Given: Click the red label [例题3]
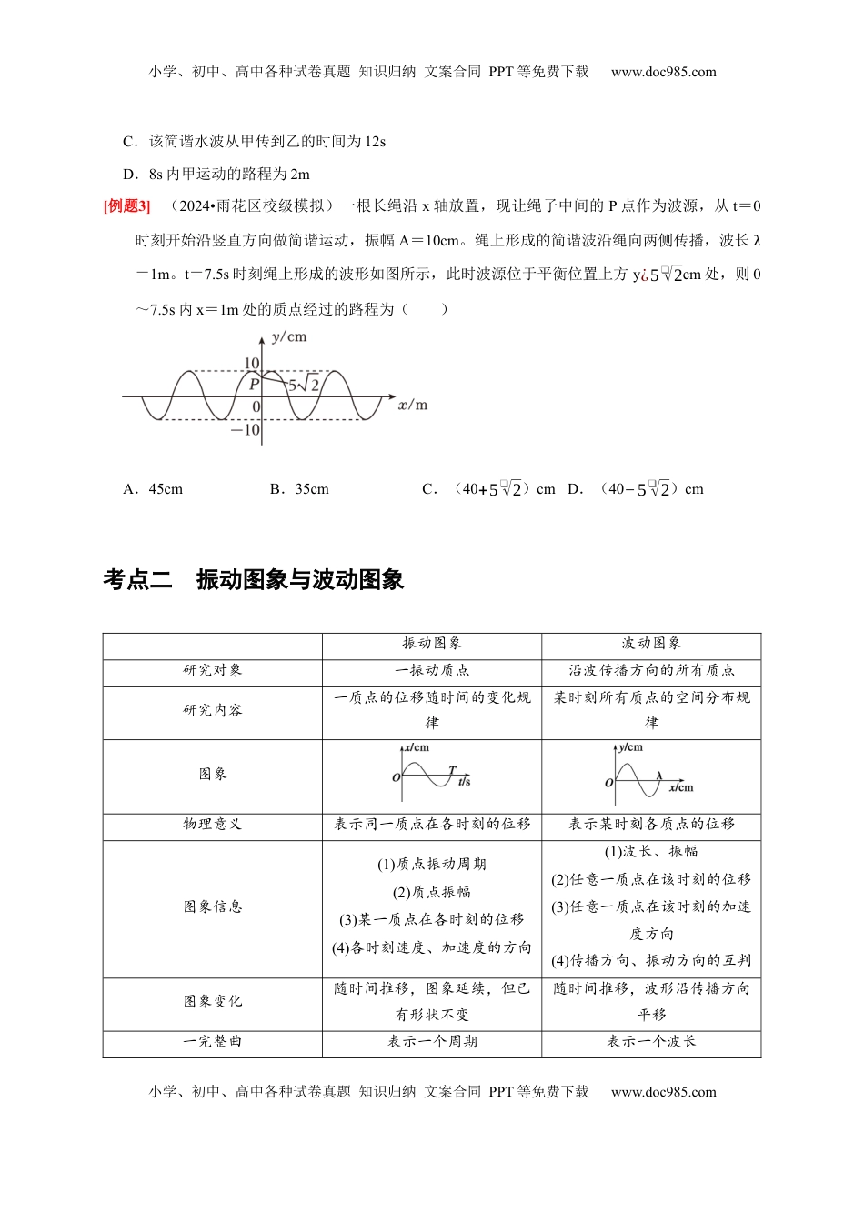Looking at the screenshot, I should tap(127, 206).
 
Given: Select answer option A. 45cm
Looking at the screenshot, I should tap(153, 489).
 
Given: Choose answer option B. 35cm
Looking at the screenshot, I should tap(299, 489).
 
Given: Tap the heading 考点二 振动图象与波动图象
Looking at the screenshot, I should tap(254, 580).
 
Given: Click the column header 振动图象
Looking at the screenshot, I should tap(432, 644).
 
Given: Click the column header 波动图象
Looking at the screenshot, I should tap(651, 644).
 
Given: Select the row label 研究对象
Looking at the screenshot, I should tap(213, 671).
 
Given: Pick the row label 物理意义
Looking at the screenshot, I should tap(213, 825).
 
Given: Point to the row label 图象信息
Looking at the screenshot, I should tap(213, 907).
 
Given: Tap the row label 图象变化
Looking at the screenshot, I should tap(213, 1002).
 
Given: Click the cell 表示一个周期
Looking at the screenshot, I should tap(432, 1042).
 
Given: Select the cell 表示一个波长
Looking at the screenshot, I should tap(651, 1042).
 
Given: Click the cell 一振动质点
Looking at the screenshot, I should tap(432, 671).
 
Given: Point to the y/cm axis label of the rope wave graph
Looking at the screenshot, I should tap(289, 337).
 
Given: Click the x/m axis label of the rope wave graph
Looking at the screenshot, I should tap(413, 405).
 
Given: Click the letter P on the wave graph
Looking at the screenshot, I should tap(254, 385).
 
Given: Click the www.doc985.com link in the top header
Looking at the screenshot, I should tap(663, 72).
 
